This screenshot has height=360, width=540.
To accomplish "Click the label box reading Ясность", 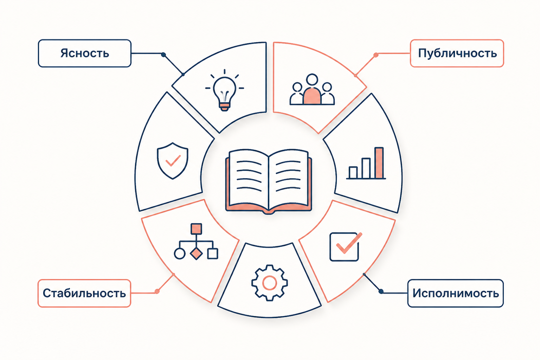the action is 85,53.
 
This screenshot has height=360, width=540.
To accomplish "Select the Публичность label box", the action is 457,53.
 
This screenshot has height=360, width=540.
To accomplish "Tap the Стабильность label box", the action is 84,293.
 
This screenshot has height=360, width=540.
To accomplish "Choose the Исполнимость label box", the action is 455,293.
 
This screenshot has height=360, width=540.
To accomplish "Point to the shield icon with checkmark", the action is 173,161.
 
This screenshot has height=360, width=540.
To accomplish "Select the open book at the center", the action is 269,181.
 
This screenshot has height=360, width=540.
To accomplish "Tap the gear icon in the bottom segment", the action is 270,283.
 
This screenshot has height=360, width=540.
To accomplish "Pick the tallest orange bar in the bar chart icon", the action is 379,163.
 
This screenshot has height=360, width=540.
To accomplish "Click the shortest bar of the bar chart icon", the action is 353,172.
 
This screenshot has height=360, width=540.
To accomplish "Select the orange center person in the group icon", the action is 312,96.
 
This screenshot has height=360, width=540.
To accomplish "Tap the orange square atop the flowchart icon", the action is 196,229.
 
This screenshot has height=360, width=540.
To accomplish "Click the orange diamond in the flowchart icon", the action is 196,253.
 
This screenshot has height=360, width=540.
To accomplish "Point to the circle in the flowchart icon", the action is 180,254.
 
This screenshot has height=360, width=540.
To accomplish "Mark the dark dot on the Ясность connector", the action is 163,55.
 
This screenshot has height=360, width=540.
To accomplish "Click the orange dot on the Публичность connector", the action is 376,55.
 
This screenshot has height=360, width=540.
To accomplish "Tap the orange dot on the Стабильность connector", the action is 157,291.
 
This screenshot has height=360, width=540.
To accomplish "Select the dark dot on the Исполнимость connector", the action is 381,291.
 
